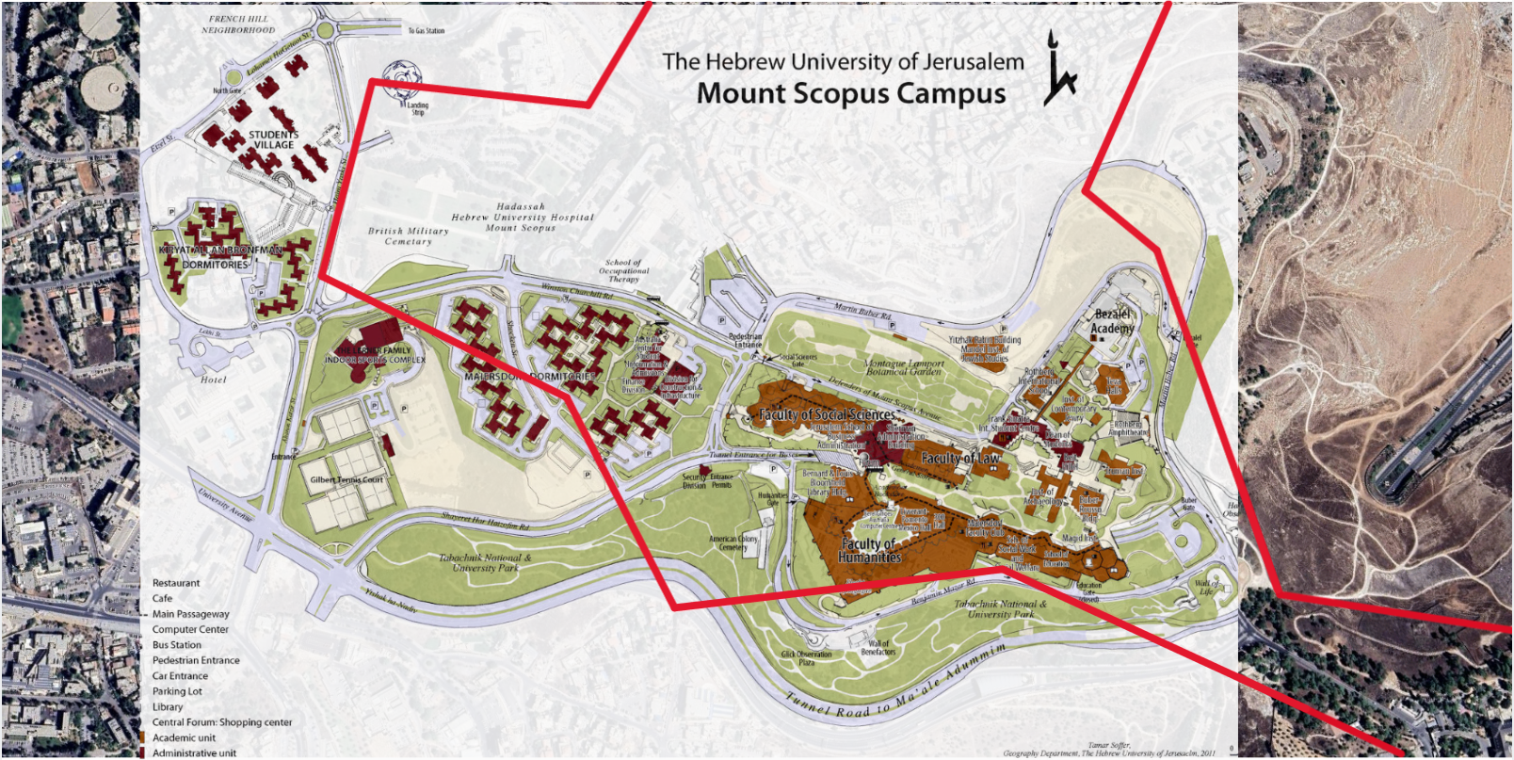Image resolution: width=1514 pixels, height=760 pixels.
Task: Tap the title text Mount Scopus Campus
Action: (x=850, y=94)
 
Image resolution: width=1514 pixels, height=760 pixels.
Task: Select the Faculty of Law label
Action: (x=960, y=459)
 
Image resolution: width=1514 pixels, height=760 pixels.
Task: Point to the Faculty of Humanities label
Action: (x=869, y=551)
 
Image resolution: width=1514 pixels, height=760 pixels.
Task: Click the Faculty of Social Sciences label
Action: (x=827, y=414)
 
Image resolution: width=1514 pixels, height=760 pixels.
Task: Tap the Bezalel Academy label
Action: (x=1112, y=321)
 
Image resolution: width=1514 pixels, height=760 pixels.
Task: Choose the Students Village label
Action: (x=273, y=139)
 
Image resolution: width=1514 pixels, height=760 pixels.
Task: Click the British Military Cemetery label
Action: (x=408, y=235)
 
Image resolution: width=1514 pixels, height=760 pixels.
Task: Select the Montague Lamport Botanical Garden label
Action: (x=905, y=367)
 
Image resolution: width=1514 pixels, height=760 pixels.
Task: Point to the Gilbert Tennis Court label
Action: (x=346, y=479)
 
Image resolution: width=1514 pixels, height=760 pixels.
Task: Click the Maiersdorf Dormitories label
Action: (x=530, y=377)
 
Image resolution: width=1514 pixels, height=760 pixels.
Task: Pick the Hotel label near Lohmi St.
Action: (x=214, y=380)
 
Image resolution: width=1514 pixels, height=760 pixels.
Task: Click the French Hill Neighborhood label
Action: (x=238, y=24)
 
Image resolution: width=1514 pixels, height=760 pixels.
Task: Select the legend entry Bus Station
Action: (x=177, y=645)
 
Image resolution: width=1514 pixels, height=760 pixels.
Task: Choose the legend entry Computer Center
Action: (x=190, y=629)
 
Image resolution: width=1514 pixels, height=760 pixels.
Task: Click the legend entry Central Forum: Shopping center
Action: (x=222, y=722)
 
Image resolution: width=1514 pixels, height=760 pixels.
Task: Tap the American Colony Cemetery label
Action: (x=733, y=543)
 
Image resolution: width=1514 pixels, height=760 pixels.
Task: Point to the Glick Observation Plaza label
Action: (x=806, y=657)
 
